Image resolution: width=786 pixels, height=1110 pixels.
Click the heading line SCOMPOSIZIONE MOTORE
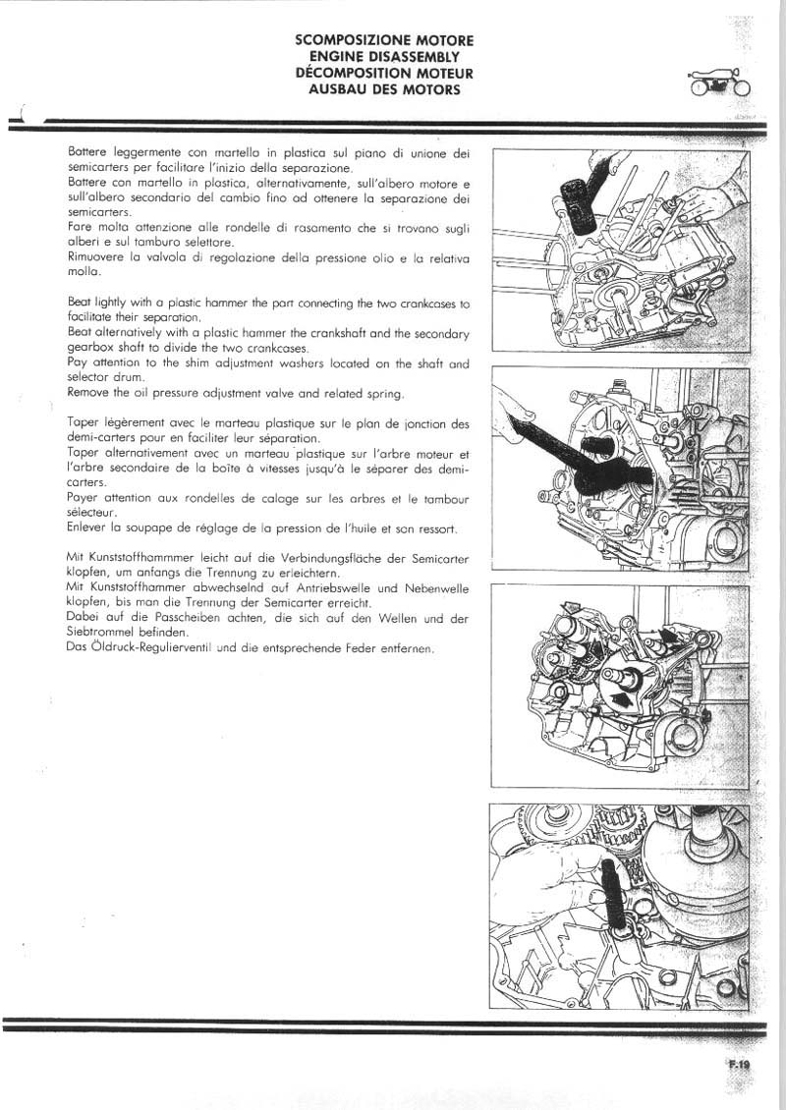384,40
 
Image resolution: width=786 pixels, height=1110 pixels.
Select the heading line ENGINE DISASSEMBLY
384,57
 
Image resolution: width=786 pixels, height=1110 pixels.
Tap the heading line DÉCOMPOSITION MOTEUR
384,73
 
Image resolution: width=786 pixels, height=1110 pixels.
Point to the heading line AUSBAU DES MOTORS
384,89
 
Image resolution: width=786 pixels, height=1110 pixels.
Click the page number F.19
739,1063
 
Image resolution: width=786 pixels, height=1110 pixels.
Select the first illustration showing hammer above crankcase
618,250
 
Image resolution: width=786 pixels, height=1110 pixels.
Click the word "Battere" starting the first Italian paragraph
87,152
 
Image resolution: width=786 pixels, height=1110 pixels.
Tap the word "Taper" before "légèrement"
85,423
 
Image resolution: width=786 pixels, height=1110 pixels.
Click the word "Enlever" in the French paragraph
91,528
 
